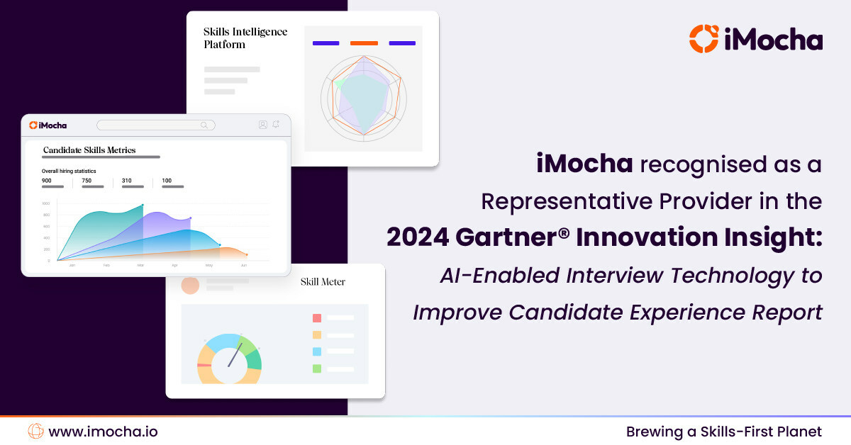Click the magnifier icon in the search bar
[x=205, y=125]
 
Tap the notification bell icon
[x=276, y=125]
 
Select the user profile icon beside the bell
[x=263, y=125]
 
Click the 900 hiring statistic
[x=47, y=181]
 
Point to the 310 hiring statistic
[x=127, y=181]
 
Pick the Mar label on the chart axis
[x=140, y=265]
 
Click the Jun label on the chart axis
[x=244, y=265]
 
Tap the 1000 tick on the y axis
[x=46, y=203]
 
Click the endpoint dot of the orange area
[x=247, y=254]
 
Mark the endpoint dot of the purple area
[x=190, y=218]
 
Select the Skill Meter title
[x=323, y=282]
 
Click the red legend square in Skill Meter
[x=317, y=318]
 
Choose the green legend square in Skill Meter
[x=317, y=368]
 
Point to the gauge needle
[x=233, y=355]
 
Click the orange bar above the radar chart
[x=364, y=43]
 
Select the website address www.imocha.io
[x=103, y=431]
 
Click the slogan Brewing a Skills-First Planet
[x=723, y=431]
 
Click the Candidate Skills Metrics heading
[x=89, y=150]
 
